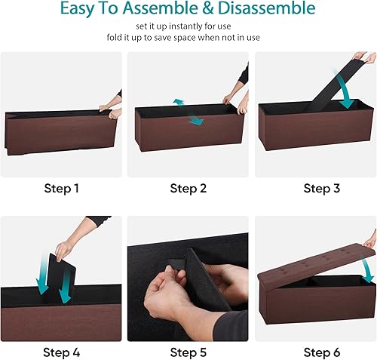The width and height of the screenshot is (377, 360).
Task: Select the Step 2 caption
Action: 188,188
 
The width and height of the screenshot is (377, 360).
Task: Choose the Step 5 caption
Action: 188,352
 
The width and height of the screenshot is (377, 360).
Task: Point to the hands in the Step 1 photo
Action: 114,106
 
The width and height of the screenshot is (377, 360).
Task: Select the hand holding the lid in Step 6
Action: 369,240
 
